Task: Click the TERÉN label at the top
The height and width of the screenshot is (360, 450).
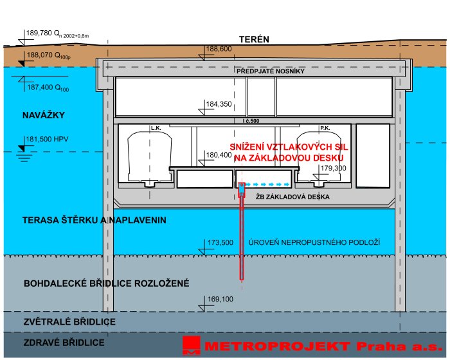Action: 254,39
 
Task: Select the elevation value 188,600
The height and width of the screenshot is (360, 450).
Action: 219,49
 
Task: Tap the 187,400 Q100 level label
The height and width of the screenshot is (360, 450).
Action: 48,87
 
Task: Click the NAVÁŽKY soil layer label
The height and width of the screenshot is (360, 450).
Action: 44,115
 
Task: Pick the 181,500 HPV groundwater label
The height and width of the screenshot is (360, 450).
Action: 47,139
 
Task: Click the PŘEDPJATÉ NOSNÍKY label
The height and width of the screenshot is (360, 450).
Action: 271,71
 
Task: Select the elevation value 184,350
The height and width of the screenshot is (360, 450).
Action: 219,104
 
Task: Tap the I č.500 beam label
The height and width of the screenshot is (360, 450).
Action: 251,121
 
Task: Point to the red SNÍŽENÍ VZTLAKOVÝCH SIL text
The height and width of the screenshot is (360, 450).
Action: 289,147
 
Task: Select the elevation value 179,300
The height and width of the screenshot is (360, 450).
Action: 333,168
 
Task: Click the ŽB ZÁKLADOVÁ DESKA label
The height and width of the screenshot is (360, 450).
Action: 292,197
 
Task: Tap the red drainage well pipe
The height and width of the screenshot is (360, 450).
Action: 242,231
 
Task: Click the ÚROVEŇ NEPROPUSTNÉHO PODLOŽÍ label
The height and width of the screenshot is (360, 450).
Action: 314,242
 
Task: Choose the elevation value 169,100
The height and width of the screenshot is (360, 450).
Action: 221,299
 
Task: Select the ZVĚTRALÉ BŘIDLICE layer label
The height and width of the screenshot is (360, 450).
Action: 69,321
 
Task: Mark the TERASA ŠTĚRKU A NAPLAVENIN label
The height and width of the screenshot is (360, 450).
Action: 94,220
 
